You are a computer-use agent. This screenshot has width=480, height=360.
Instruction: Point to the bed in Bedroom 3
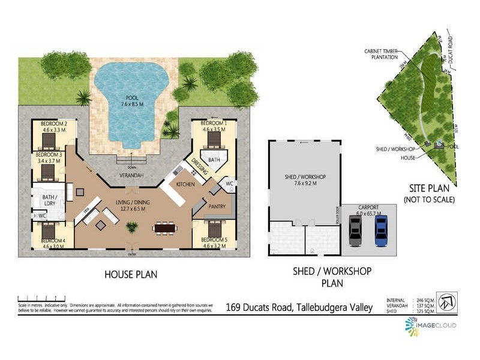pyautogui.click(x=48, y=172)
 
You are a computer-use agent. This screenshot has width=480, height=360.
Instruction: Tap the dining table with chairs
pyautogui.click(x=166, y=228)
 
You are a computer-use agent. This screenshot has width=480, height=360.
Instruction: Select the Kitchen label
pyautogui.click(x=185, y=184)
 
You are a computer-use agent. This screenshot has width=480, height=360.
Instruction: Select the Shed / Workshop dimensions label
pyautogui.click(x=304, y=181)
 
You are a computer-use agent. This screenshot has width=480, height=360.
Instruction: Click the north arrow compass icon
pyautogui.click(x=447, y=301)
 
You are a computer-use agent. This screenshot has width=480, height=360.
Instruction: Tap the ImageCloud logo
pyautogui.click(x=430, y=326)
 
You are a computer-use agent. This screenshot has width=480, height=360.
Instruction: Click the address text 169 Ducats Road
pyautogui.click(x=299, y=308)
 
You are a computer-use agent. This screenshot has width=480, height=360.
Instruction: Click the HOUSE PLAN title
pyautogui.click(x=131, y=274)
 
